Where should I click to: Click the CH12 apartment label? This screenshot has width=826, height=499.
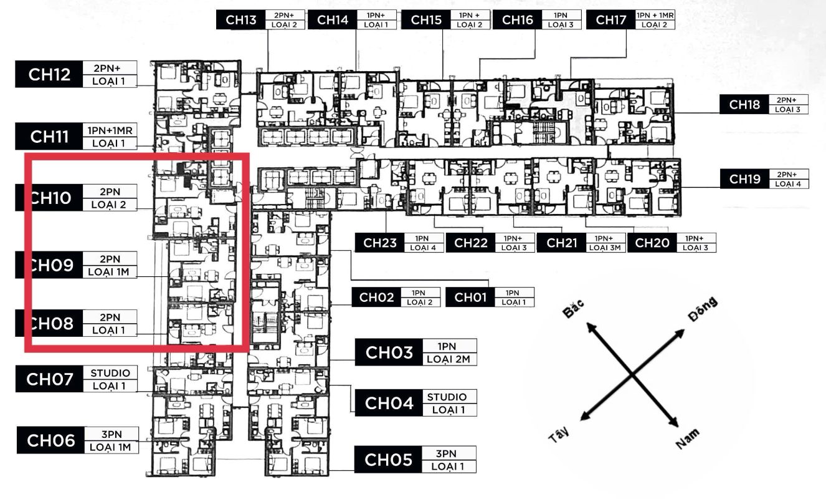click(x=49, y=74)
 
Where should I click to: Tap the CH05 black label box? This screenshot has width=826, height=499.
click(x=389, y=460)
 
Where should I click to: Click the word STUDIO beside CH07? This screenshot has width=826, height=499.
click(x=110, y=373)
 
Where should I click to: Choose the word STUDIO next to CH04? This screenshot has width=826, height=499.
click(x=447, y=397)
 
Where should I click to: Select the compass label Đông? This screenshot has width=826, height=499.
click(x=703, y=310)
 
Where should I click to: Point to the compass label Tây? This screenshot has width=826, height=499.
click(x=559, y=435)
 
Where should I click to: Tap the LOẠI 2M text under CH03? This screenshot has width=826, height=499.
click(x=449, y=359)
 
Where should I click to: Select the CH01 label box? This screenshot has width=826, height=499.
click(x=470, y=298)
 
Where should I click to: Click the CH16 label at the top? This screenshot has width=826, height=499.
click(x=516, y=20)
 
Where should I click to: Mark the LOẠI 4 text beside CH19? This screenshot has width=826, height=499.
click(x=789, y=183)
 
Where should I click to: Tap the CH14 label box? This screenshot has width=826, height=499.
click(x=333, y=20)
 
